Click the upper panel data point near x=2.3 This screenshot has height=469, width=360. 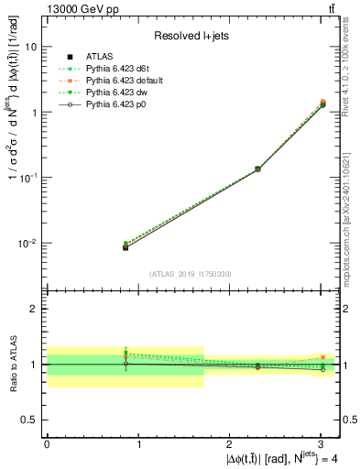click(x=257, y=169)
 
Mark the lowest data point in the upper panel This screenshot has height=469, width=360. click(x=125, y=247)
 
